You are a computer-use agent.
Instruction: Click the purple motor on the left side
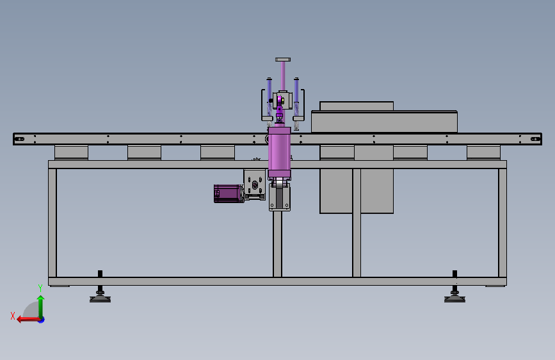point(229,193)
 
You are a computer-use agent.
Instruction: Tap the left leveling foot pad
point(100,299)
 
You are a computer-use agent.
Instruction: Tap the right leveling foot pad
point(455,299)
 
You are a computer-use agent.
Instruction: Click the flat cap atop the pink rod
point(283,60)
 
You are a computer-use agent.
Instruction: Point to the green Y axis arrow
point(41,307)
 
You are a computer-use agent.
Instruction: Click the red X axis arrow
point(29,320)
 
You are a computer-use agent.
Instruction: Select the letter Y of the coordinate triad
point(40,288)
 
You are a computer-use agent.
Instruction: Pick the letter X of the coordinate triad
point(13,316)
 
